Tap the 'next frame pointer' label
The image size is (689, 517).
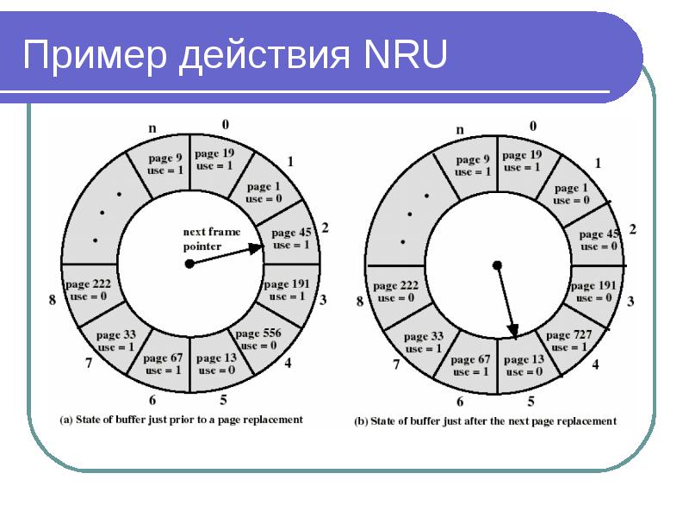point(211,239)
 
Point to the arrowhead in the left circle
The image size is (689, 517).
point(256,249)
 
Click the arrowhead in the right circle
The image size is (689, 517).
point(512,331)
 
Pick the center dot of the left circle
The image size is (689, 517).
point(189,264)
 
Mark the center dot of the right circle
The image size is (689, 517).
point(497,265)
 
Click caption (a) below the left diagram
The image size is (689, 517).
point(181,420)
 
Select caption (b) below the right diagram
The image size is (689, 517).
point(485,421)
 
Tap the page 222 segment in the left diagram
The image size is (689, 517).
point(91,291)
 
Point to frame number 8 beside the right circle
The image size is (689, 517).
point(360,302)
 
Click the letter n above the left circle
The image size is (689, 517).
point(152,128)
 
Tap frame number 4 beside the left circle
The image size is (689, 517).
point(288,363)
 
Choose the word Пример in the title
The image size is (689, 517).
point(95,55)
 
